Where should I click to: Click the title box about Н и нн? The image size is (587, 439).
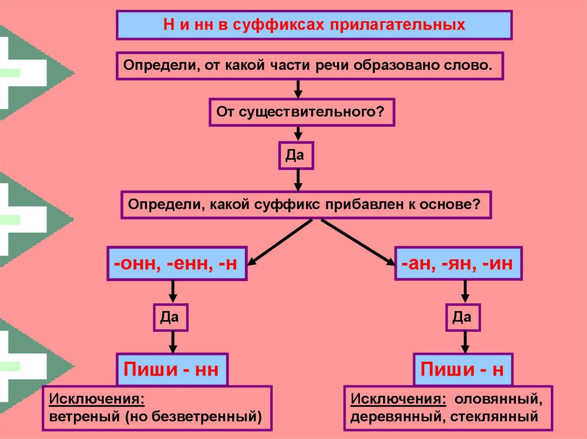click(x=314, y=25)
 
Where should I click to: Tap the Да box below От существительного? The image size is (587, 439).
click(x=296, y=155)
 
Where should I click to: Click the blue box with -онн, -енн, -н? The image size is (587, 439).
click(x=177, y=264)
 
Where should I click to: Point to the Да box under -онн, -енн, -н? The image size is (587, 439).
click(x=171, y=317)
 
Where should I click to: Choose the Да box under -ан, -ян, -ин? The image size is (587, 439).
click(x=463, y=317)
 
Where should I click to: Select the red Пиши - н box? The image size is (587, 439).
click(x=463, y=369)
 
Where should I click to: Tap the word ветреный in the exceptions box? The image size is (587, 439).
click(x=83, y=416)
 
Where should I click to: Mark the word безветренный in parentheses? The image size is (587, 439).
click(x=202, y=416)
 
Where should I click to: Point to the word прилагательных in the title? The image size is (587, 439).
click(x=401, y=25)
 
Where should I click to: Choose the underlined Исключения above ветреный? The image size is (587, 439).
click(x=96, y=398)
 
